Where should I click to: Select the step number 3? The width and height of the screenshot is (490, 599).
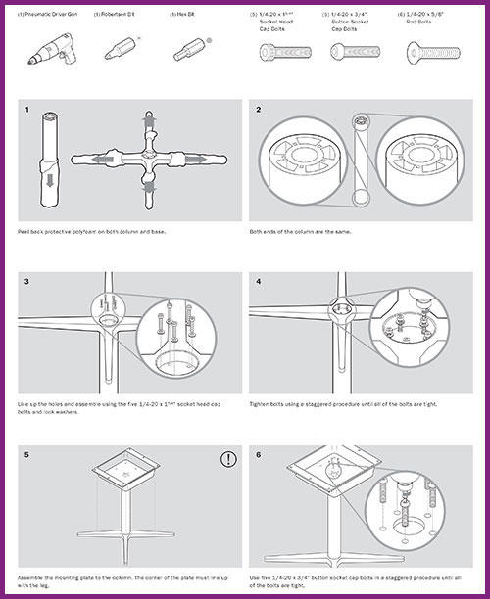tap(28, 282)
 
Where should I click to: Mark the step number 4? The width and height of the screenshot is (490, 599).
tap(259, 282)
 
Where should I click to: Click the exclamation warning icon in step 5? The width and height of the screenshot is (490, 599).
tap(227, 457)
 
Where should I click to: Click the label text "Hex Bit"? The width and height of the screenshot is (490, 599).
tap(179, 15)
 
